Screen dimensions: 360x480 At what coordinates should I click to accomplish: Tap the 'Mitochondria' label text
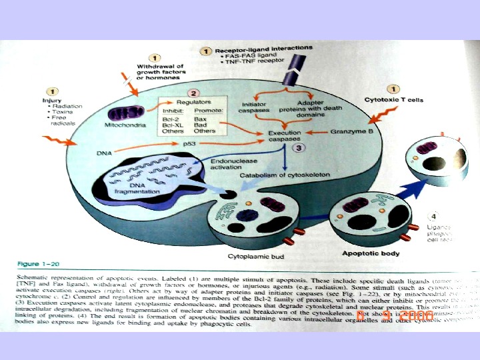click(121, 125)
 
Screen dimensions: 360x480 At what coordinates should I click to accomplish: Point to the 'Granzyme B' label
click(351, 132)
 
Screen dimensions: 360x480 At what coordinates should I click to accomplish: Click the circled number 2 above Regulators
click(193, 94)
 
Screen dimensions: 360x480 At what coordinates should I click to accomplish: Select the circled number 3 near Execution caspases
click(301, 148)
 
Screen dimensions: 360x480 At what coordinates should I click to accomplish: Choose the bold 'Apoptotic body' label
click(371, 253)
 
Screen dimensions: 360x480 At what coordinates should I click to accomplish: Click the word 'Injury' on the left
click(51, 101)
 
